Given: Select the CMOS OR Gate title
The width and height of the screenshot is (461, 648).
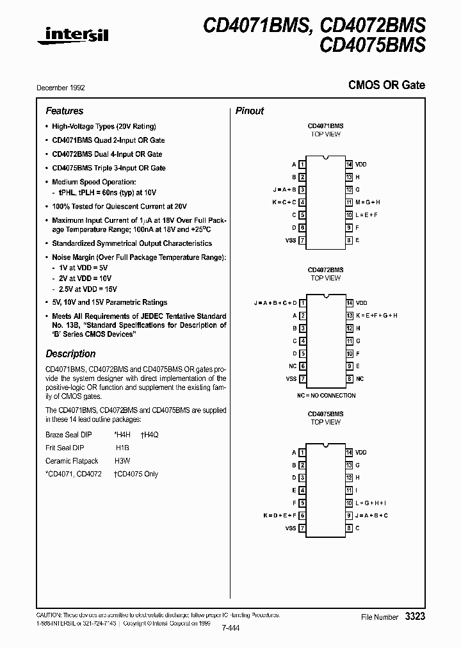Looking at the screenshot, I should (386, 85).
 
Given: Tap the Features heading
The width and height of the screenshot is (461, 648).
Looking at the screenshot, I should (65, 111).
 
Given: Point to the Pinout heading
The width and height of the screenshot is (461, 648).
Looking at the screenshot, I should (250, 111).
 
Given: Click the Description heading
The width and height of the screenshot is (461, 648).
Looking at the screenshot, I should (70, 353).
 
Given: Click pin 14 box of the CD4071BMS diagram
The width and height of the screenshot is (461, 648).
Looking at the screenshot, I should (349, 165).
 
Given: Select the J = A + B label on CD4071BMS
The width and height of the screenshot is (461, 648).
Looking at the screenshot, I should (284, 190).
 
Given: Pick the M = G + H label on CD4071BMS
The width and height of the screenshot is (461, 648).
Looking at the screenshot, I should (368, 202).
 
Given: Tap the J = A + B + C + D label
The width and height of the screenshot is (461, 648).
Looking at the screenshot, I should (275, 303).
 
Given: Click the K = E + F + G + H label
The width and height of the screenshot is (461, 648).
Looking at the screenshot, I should (377, 316).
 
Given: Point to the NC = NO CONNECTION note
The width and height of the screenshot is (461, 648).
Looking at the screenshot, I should (325, 395).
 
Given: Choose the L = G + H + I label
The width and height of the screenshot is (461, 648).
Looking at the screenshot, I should (372, 503).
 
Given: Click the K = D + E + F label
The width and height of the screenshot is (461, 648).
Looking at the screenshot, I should (280, 516).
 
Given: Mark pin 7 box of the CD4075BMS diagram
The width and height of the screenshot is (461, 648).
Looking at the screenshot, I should (302, 528).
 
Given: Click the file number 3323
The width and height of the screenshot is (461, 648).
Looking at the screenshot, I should (415, 616).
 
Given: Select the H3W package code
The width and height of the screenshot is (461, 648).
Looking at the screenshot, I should (122, 461).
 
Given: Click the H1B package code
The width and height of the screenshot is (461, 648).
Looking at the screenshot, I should (122, 448).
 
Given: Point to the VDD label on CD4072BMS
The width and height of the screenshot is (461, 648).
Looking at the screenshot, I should (362, 303).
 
